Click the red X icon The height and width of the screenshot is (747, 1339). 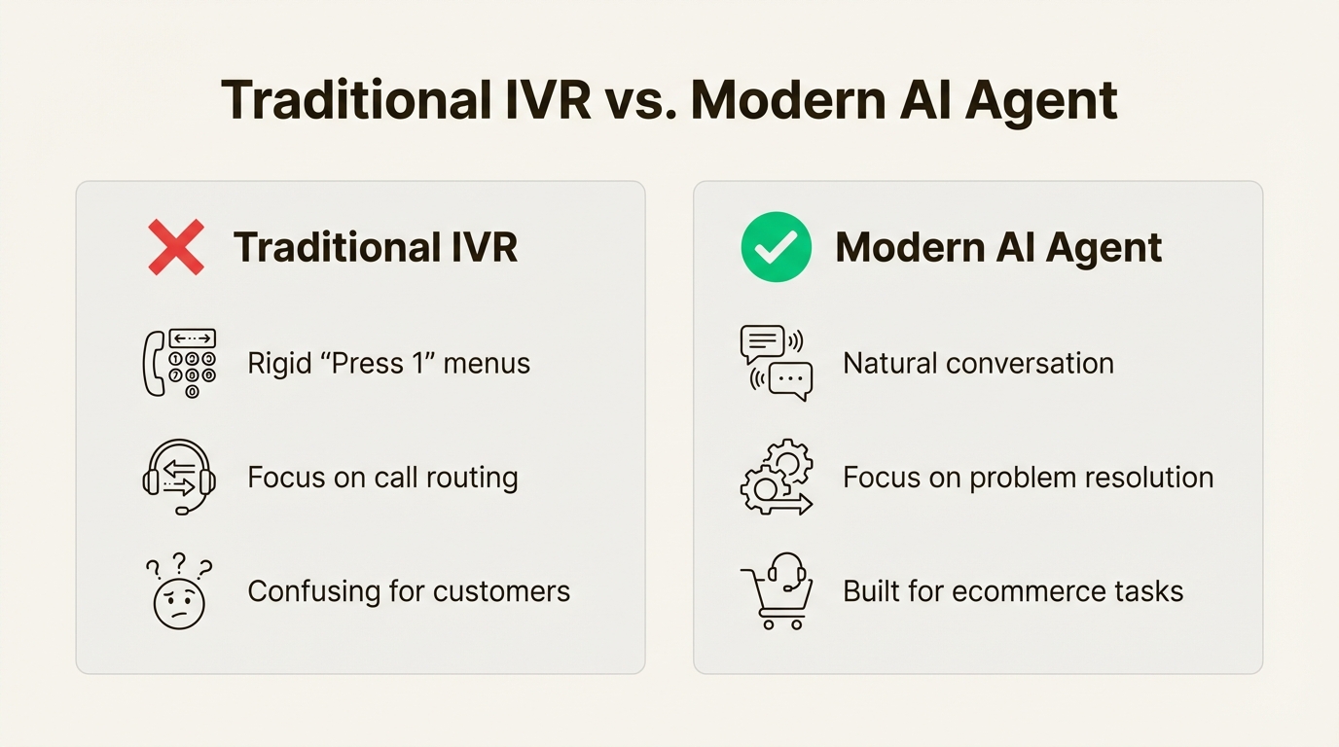click(176, 247)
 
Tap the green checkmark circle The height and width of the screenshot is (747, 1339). click(776, 247)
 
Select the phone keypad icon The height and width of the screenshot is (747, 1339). click(180, 364)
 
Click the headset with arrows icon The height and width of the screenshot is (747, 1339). click(179, 478)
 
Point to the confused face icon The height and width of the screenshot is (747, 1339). click(178, 592)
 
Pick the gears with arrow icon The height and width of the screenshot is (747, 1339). click(776, 478)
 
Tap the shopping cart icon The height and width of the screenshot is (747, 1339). click(776, 592)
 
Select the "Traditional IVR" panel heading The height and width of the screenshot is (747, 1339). click(375, 247)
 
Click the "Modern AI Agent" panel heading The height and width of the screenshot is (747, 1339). click(998, 247)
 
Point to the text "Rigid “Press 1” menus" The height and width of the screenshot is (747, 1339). click(388, 364)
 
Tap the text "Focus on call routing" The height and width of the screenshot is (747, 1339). click(382, 478)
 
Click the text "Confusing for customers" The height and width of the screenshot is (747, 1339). click(409, 591)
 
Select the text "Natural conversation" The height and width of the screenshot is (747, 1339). click(978, 364)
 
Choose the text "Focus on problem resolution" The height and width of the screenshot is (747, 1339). click(1028, 478)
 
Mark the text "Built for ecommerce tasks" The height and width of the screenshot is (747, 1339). click(1013, 591)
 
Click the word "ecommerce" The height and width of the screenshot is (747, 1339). click(1028, 591)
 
